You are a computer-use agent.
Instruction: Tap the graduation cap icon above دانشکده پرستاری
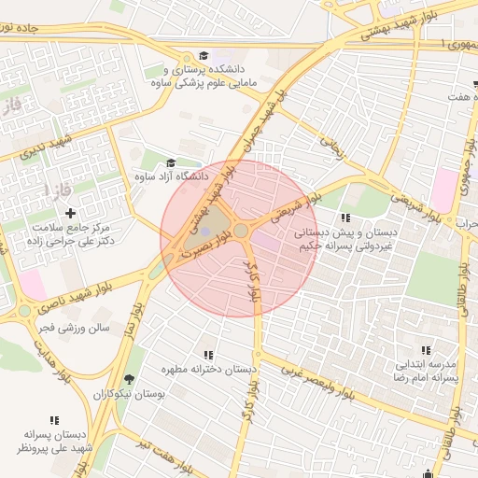(204, 56)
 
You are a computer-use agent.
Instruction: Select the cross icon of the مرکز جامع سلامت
(71, 214)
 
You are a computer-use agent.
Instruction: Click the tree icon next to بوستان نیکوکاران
(128, 380)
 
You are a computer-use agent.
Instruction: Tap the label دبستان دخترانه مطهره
(207, 370)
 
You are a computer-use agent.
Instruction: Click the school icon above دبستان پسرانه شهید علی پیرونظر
(55, 421)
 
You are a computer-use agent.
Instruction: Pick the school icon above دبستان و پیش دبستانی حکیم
(346, 218)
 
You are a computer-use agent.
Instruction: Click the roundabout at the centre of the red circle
(241, 230)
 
